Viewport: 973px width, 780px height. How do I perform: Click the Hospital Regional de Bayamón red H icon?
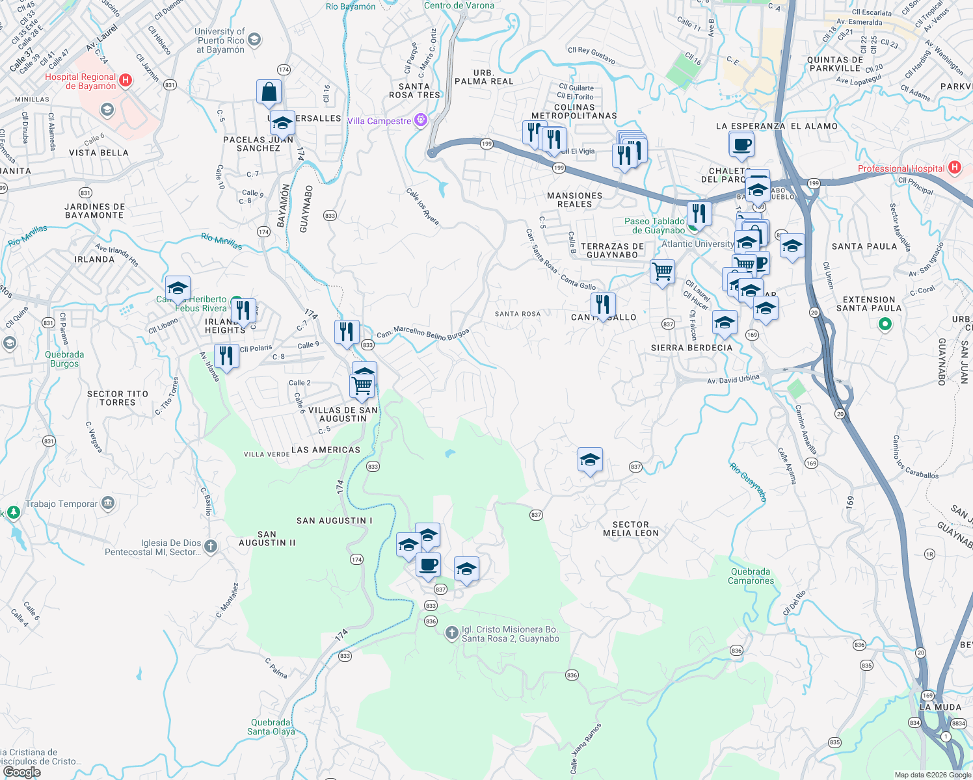[x=126, y=81]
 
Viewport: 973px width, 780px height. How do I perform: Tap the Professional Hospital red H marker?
[x=954, y=168]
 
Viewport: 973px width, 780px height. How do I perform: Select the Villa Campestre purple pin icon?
[x=421, y=120]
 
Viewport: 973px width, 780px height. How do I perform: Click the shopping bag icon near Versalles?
[x=269, y=92]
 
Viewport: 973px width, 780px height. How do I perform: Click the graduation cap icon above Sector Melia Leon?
[x=590, y=460]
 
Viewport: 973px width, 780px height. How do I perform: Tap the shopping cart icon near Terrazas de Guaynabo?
[x=662, y=270]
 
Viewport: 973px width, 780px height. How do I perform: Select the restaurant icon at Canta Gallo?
[x=603, y=304]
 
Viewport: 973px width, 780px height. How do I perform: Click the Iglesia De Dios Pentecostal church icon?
[x=210, y=547]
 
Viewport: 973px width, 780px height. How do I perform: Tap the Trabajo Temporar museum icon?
[x=108, y=503]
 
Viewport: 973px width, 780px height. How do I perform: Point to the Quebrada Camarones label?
[x=751, y=577]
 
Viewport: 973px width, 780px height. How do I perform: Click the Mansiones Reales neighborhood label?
[x=574, y=200]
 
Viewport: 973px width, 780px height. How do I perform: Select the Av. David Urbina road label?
[x=733, y=379]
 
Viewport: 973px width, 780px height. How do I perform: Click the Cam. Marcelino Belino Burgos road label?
[x=423, y=333]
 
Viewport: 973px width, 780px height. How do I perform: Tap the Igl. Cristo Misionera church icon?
[x=452, y=633]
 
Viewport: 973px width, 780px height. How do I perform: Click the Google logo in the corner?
[x=21, y=772]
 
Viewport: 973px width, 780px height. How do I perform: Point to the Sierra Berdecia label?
[x=691, y=348]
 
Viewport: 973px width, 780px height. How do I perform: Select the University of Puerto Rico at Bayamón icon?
[x=254, y=40]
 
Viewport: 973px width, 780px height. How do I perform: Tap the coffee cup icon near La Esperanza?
[x=741, y=144]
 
